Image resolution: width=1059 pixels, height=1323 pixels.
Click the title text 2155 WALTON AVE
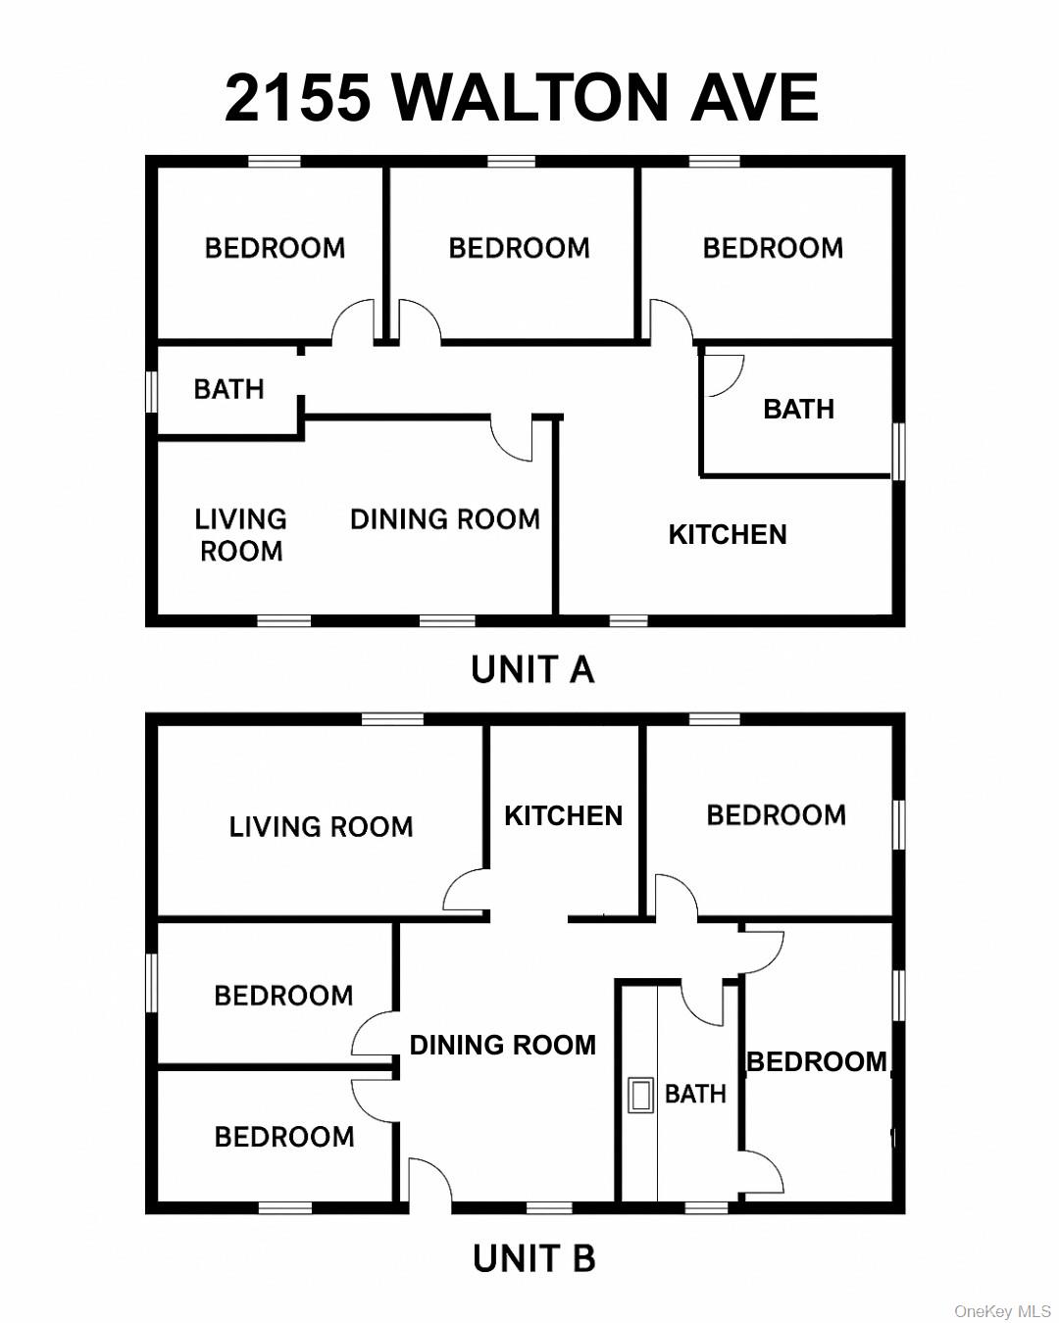[521, 97]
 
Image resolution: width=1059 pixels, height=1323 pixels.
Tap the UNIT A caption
[532, 670]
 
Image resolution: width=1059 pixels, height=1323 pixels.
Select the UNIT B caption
[533, 1258]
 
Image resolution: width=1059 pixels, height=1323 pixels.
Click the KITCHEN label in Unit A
[727, 535]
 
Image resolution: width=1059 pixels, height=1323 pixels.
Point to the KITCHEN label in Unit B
[563, 815]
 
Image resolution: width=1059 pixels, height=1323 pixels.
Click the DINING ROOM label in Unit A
[444, 519]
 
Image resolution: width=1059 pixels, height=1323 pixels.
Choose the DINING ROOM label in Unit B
[502, 1045]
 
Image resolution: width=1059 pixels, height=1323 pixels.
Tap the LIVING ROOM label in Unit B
[321, 827]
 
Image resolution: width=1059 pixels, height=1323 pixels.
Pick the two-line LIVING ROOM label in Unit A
[241, 535]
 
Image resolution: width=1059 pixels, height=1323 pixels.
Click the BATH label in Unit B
[695, 1094]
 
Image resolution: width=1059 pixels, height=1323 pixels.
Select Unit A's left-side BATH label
[228, 390]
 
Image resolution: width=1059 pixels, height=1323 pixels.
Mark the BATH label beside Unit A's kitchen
[798, 409]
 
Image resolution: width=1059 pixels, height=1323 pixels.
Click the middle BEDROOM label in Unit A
[519, 248]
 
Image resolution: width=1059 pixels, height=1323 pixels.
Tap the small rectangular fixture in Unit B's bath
[640, 1095]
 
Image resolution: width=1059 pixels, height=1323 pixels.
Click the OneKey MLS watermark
[1002, 1311]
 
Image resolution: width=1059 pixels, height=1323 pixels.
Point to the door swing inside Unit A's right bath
[724, 374]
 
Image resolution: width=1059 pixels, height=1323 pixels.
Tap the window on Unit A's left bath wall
[152, 390]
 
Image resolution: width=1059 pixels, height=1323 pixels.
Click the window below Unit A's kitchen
[629, 620]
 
